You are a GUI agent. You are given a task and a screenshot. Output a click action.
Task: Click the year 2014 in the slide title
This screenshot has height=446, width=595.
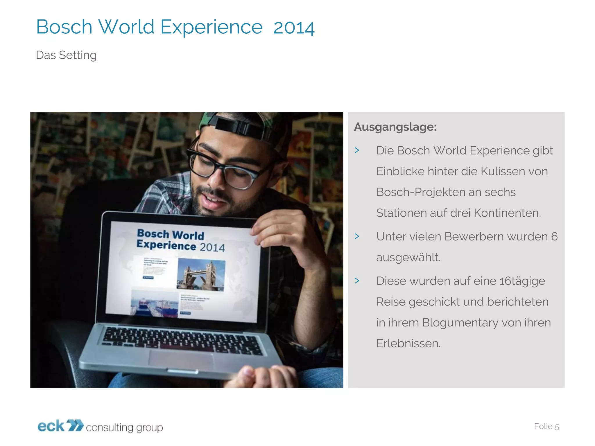[294, 28]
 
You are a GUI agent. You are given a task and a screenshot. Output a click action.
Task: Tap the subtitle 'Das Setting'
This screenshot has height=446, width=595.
[66, 55]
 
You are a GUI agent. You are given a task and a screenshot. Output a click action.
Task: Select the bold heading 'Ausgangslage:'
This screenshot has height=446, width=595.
[395, 127]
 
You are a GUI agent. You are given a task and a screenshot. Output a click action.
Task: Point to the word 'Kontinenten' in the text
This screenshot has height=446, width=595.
[507, 213]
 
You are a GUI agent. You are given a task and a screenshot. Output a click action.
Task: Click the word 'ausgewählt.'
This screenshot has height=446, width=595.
[408, 258]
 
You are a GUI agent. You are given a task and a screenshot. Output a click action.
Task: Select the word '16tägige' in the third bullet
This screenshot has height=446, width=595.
[522, 281]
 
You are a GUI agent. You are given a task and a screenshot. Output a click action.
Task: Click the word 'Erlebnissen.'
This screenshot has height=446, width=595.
[408, 344]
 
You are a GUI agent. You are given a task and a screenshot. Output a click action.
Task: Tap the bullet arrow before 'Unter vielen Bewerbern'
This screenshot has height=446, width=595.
[357, 236]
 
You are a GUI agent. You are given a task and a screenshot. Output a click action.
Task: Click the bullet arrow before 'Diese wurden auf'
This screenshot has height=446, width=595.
[357, 281]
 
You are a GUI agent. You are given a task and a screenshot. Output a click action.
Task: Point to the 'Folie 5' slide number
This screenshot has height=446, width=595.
[546, 426]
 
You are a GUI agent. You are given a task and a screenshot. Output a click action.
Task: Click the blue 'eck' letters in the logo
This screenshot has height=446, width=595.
[51, 426]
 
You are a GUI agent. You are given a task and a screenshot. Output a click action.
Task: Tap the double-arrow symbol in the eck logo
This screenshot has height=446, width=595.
[75, 425]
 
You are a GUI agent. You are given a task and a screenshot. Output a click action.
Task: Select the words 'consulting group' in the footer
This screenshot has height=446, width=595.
[124, 427]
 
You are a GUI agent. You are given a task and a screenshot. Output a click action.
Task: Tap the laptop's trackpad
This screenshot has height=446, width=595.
[181, 359]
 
